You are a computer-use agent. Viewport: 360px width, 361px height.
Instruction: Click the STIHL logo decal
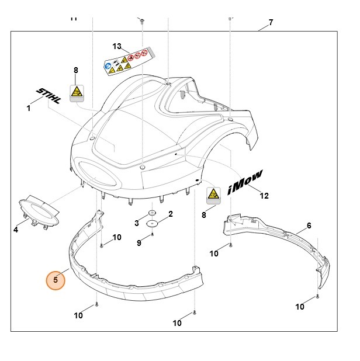[49, 96]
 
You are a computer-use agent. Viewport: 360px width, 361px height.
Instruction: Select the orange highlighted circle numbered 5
[56, 280]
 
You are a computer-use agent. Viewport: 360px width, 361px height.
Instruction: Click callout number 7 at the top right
[271, 23]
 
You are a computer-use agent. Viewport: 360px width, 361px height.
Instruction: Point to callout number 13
[117, 46]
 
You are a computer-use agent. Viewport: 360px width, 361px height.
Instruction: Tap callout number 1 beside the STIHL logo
[28, 107]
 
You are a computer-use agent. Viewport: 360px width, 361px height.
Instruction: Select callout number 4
[16, 230]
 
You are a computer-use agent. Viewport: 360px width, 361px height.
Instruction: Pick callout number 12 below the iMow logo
[264, 196]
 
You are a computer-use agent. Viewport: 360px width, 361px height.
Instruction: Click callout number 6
[309, 225]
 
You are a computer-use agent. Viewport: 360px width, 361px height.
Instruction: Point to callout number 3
[137, 223]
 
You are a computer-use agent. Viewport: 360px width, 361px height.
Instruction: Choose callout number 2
[170, 214]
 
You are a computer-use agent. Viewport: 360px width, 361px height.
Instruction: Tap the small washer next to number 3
[151, 214]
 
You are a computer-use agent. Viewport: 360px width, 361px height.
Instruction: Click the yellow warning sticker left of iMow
[214, 195]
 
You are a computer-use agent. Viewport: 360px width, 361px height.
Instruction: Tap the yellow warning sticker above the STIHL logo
[77, 92]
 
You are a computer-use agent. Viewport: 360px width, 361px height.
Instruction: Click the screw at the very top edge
[142, 21]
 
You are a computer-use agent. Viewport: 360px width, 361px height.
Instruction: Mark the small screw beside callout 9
[152, 235]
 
